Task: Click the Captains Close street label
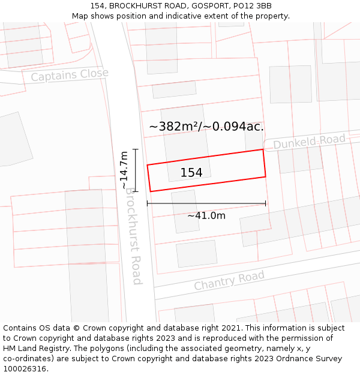click(70, 75)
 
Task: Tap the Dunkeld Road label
click(310, 142)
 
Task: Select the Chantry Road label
click(229, 280)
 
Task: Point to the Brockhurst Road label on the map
click(133, 239)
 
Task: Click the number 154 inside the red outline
click(191, 173)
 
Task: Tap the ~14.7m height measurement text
click(124, 170)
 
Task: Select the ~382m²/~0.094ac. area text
click(206, 127)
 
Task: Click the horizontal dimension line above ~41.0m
click(206, 204)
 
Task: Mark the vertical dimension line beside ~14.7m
click(136, 170)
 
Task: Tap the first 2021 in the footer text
click(229, 328)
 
